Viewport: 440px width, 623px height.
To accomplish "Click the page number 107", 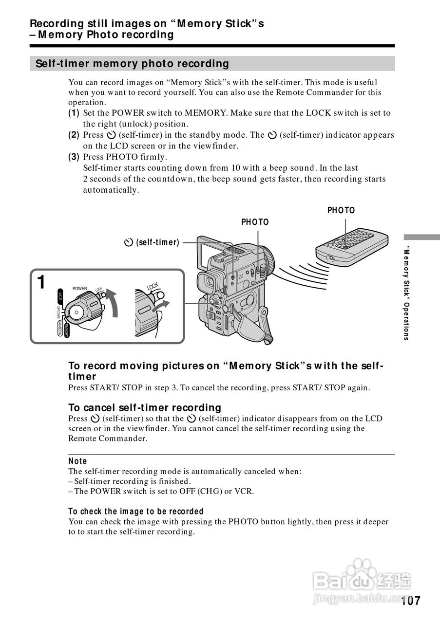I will (x=411, y=601).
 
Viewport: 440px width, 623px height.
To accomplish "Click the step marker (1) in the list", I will (x=74, y=113).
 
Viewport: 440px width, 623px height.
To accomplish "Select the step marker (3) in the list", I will (x=74, y=157).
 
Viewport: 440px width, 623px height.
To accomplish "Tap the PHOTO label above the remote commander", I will (x=341, y=210).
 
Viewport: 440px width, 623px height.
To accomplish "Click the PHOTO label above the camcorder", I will (x=255, y=222).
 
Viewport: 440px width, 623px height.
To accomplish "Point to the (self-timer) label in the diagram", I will (x=153, y=242).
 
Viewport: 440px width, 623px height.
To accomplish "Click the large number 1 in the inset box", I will (x=42, y=282).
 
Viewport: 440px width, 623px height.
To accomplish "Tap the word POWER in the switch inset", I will (x=79, y=289).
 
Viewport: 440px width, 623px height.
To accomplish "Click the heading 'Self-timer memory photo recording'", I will (x=129, y=64).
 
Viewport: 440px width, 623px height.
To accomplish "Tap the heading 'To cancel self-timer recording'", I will (x=145, y=407).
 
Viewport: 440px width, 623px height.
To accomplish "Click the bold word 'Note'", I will (x=77, y=461).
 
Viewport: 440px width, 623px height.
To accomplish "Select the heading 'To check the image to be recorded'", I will (x=136, y=511).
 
